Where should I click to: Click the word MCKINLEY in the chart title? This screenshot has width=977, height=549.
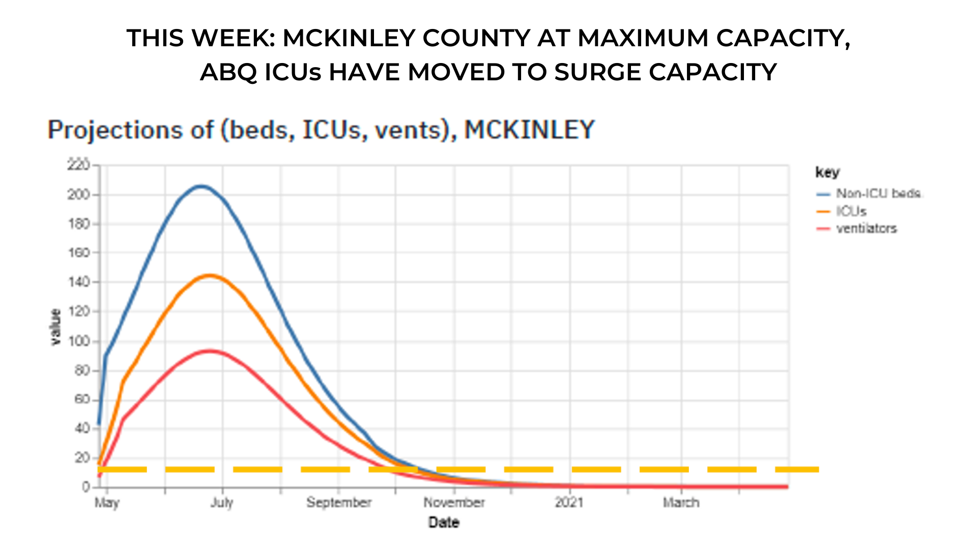coord(529,130)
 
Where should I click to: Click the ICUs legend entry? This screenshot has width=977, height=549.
coord(851,211)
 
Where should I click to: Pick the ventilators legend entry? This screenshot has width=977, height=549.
coord(866,229)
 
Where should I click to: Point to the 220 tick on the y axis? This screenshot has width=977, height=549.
coord(78,165)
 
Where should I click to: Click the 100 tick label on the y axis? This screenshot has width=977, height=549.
coord(78,341)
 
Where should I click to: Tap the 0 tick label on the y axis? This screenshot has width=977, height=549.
coord(86,487)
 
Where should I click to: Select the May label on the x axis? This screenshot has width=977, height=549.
coord(107,503)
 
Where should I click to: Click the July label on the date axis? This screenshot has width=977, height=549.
coord(222,503)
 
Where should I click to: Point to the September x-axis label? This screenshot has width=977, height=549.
coord(339,503)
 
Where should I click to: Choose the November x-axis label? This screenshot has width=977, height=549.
coord(454,503)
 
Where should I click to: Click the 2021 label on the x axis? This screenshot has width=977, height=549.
coord(569,503)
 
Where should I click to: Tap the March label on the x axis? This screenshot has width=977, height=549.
coord(681,503)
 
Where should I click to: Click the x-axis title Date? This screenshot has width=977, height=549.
coord(444,523)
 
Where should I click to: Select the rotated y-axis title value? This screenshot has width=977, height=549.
coord(55,327)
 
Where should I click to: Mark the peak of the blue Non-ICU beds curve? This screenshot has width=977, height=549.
coord(202,187)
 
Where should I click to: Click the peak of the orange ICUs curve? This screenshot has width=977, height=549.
coord(210,276)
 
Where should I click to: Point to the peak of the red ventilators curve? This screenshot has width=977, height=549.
coord(210,351)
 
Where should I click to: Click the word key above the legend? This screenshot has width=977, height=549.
coord(827,172)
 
